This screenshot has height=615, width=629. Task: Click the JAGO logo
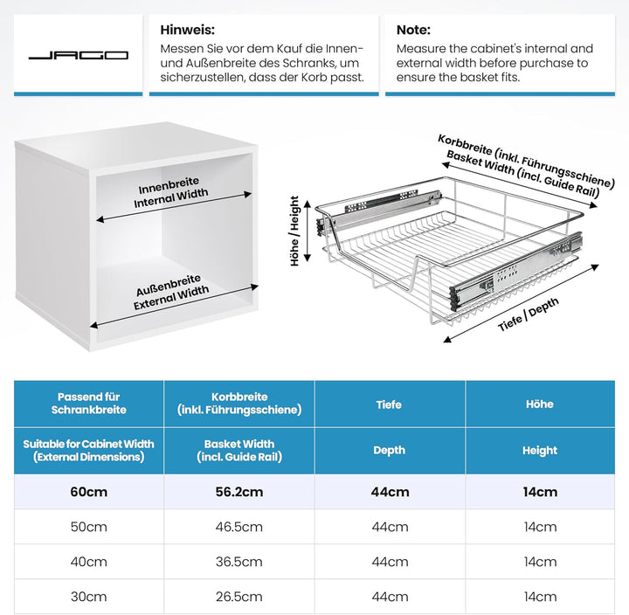78,55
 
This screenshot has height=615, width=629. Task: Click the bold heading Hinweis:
187,30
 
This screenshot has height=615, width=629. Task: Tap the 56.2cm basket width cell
238,492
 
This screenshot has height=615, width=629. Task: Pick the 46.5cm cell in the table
238,527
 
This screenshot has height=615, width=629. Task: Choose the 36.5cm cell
238,562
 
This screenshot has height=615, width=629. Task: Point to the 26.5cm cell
238,597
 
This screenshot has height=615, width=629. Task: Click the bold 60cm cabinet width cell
88,492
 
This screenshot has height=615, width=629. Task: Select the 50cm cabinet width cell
88,527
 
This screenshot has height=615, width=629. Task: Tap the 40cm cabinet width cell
88,562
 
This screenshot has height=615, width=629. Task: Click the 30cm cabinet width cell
88,597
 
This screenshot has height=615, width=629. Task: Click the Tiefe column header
389,404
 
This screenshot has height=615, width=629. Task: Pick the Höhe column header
540,404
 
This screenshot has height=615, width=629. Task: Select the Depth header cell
389,451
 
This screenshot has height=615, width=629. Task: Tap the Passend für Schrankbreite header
88,403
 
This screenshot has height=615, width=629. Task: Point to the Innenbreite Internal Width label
172,195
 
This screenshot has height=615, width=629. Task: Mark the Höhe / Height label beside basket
295,231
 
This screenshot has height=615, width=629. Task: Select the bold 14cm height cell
540,492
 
